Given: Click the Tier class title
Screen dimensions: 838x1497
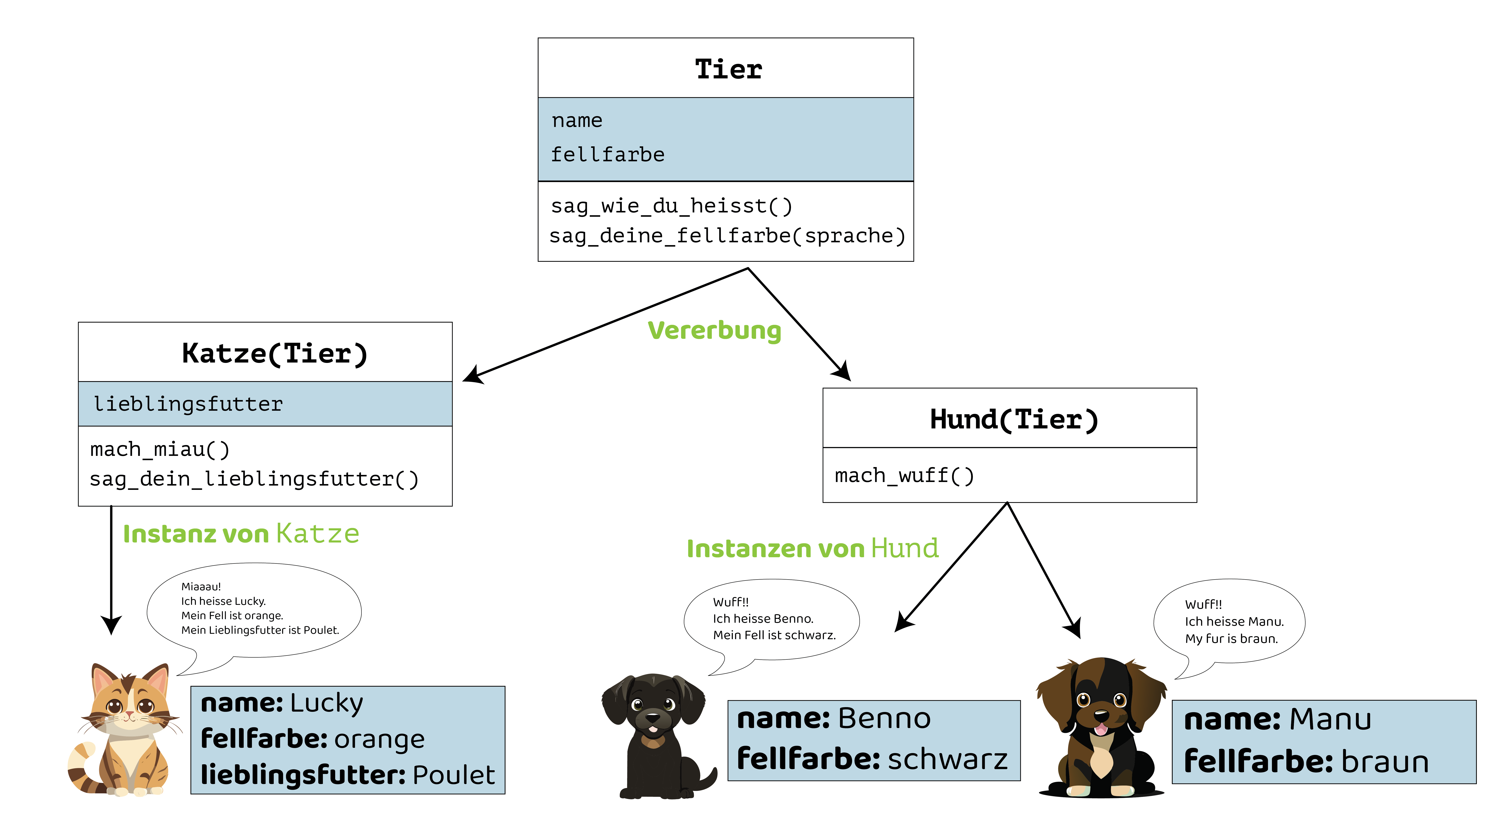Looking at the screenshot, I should click(728, 69).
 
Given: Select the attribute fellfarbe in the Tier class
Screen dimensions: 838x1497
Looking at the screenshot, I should click(607, 155).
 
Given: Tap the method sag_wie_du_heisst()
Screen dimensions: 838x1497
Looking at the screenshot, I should click(671, 206).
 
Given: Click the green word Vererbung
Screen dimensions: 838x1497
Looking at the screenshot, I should click(714, 331).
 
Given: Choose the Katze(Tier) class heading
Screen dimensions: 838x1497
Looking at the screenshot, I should click(274, 353).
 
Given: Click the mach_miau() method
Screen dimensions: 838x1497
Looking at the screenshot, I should click(160, 449).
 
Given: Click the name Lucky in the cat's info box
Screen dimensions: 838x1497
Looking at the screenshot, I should click(326, 703).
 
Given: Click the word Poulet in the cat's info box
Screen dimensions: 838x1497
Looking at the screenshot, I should click(453, 775).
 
